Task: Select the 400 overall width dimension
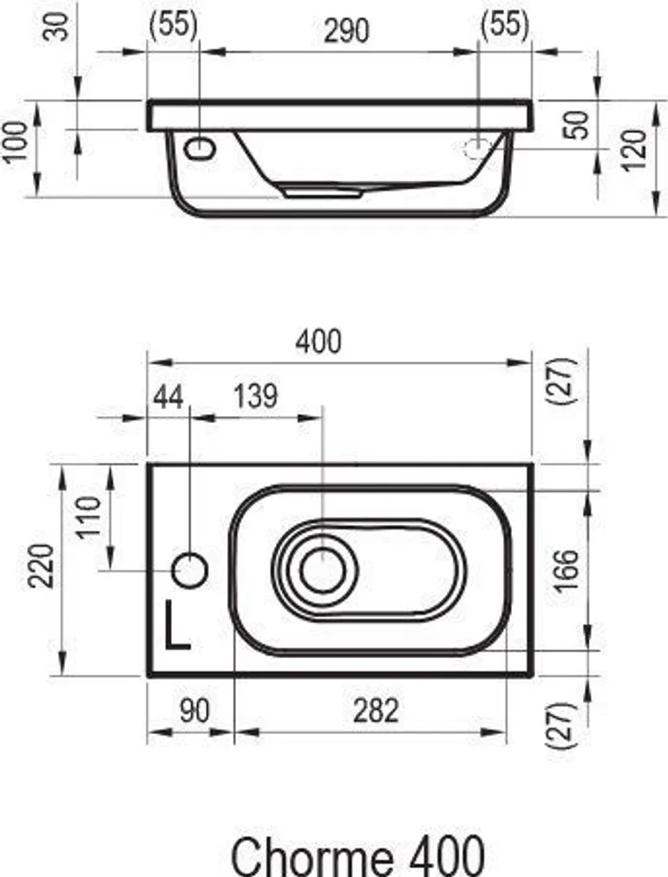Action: click(x=318, y=341)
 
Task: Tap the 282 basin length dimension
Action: click(x=376, y=710)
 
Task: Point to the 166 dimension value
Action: click(x=565, y=570)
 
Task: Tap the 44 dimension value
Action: click(x=168, y=397)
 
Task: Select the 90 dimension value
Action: click(x=193, y=710)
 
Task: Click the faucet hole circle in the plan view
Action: click(x=190, y=570)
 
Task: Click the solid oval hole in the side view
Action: click(x=201, y=148)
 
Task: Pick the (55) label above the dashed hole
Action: click(x=504, y=25)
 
